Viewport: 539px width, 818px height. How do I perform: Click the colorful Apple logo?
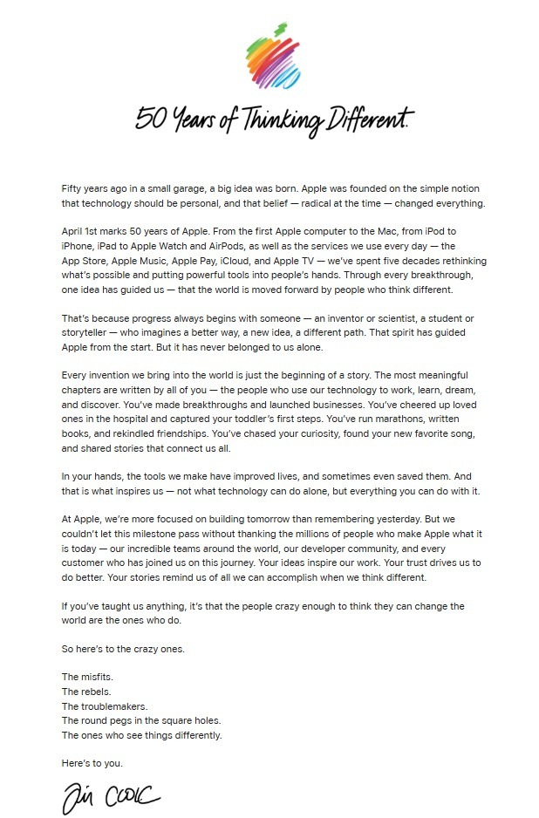point(270,56)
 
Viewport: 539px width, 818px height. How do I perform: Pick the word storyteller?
point(88,333)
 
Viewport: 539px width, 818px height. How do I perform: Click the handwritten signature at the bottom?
point(110,796)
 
